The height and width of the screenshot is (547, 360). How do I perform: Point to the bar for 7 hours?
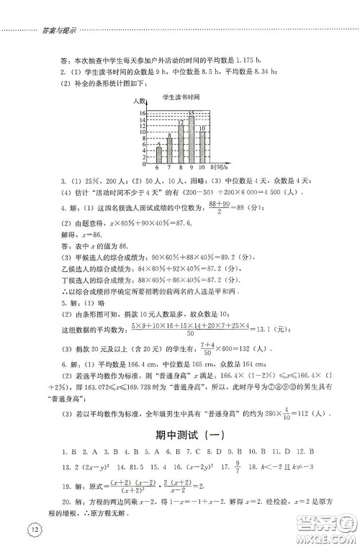pyautogui.click(x=169, y=149)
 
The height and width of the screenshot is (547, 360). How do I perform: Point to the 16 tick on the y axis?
pyautogui.click(x=143, y=114)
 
